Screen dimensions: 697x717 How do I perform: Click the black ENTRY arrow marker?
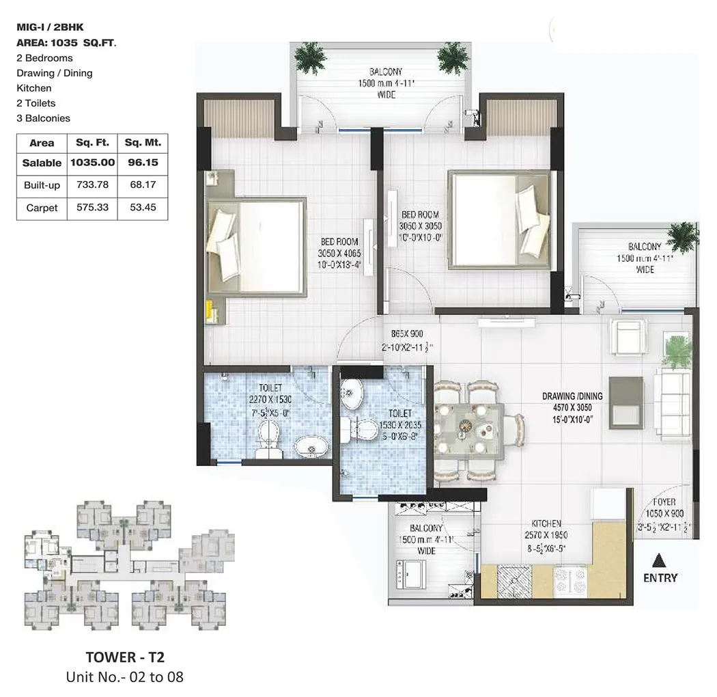pos(659,561)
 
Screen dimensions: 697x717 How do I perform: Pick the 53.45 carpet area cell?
pos(143,208)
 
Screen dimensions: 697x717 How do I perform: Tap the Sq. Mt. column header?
pos(143,143)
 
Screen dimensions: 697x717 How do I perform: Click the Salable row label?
pos(42,163)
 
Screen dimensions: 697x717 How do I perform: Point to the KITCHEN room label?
pos(548,523)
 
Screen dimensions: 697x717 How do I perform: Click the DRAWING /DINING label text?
pos(572,396)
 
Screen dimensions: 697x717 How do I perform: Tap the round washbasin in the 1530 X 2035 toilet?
pos(354,394)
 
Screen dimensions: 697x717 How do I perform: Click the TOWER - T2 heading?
pos(120,657)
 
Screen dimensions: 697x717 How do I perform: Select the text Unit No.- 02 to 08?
pos(124,677)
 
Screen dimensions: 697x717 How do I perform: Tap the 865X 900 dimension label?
pos(407,333)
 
